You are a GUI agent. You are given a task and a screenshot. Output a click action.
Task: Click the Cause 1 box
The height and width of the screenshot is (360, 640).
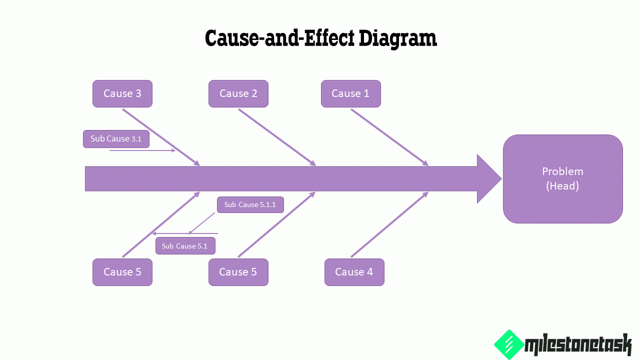tap(350, 93)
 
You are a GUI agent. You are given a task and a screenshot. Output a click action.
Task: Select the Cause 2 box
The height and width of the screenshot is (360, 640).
tap(238, 93)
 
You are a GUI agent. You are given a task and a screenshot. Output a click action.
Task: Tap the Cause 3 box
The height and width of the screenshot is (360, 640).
tap(122, 93)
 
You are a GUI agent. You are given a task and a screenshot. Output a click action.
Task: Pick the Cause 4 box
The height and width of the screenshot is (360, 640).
tap(354, 272)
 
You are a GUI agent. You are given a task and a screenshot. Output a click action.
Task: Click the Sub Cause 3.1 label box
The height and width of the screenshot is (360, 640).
tap(116, 139)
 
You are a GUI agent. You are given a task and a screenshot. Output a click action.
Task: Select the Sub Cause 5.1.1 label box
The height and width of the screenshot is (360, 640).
tap(250, 204)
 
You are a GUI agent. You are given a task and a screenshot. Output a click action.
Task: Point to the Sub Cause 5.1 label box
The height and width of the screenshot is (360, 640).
tap(185, 246)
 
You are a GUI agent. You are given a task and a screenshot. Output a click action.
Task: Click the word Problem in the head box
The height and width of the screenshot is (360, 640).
tap(562, 171)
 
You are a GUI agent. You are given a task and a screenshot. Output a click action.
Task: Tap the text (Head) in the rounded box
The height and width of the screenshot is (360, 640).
tap(562, 186)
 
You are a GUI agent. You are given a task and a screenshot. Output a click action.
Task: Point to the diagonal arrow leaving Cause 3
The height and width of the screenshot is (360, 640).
tap(161, 137)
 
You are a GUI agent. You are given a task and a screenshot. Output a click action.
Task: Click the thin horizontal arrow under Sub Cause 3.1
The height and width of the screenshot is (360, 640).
tap(142, 150)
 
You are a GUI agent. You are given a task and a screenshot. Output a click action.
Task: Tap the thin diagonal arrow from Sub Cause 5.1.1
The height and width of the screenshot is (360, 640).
tap(202, 223)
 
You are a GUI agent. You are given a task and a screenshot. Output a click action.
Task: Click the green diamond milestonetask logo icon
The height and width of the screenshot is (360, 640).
tap(508, 344)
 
